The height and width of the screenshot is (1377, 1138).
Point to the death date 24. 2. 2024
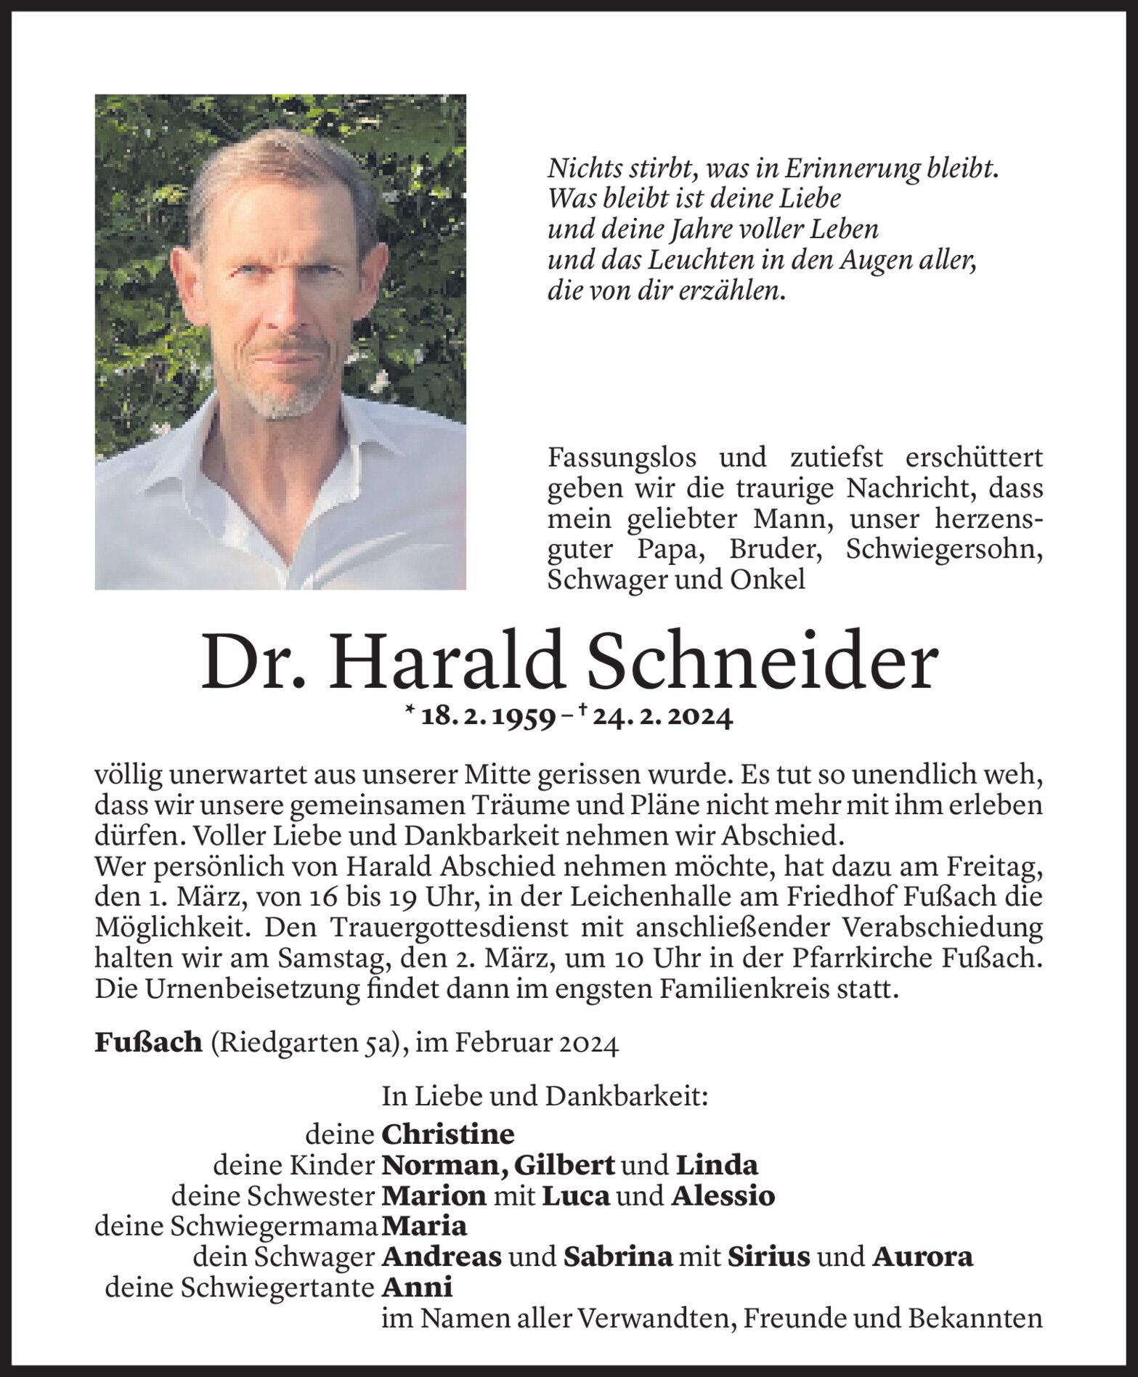[x=661, y=718]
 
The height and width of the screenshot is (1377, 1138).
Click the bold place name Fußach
[x=148, y=1043]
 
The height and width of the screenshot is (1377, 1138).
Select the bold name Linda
[x=717, y=1165]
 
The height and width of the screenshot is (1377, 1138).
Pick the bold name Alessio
[x=723, y=1195]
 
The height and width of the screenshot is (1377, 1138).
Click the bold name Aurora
[x=922, y=1256]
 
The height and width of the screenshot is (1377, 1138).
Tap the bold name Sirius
[x=768, y=1256]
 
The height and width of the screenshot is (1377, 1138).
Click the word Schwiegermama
[x=272, y=1226]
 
